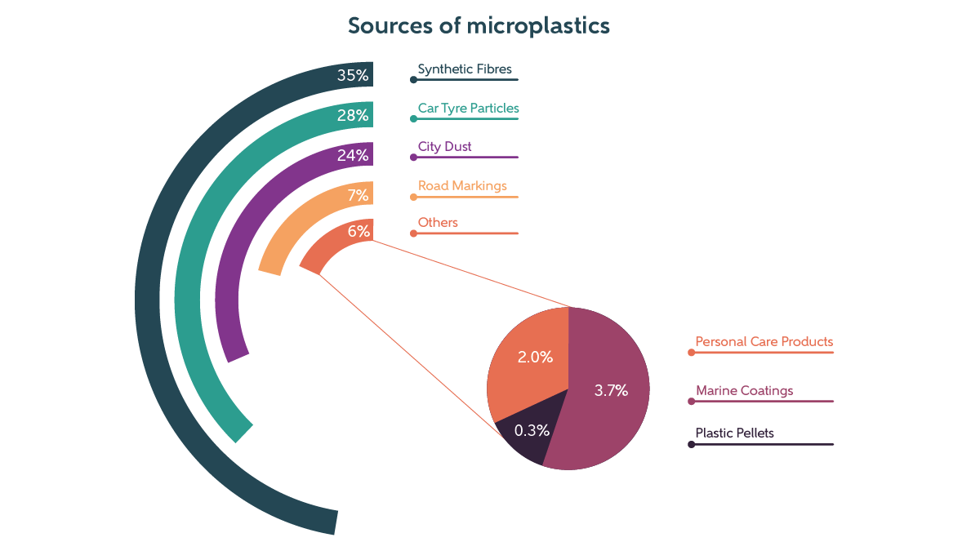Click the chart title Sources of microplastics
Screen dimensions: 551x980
click(479, 26)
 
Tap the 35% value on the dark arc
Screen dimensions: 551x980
click(353, 76)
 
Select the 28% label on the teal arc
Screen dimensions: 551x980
click(353, 115)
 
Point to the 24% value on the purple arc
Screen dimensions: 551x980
click(353, 155)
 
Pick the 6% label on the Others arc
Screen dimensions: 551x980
click(359, 231)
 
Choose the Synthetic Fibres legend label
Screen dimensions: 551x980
click(465, 69)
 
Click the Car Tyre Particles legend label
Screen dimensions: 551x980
click(468, 108)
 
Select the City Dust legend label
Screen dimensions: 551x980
click(444, 147)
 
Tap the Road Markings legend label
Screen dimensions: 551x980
click(462, 186)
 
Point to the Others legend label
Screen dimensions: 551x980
click(438, 223)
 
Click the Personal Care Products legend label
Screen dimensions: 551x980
click(764, 342)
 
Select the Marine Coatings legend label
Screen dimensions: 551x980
click(744, 391)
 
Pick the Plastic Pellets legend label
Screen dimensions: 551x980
click(734, 433)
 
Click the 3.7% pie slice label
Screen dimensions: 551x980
click(611, 391)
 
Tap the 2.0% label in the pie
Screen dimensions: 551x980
click(535, 358)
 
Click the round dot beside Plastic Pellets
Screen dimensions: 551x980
click(692, 445)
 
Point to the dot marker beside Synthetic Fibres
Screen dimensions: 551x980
click(414, 80)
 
